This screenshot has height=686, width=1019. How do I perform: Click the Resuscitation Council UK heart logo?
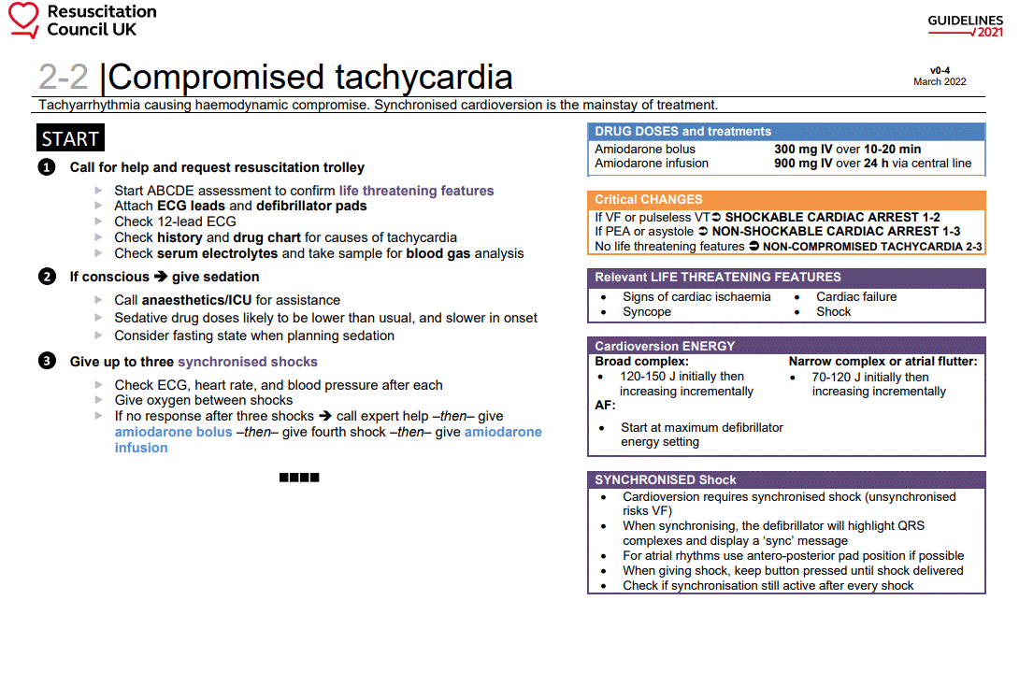[x=24, y=21]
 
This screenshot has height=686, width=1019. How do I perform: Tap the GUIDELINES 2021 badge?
[x=966, y=26]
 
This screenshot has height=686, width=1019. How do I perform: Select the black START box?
[x=70, y=139]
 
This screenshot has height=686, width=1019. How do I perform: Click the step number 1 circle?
[x=47, y=167]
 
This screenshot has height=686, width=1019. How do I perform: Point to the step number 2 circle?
[x=47, y=277]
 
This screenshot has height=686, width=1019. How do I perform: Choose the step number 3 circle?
[x=47, y=362]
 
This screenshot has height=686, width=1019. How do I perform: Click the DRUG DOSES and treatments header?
[x=682, y=132]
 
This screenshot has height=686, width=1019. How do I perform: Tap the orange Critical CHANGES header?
[x=648, y=199]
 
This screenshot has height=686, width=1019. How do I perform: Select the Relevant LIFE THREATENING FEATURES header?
[x=717, y=278]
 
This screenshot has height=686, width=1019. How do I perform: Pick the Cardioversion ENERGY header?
[x=665, y=346]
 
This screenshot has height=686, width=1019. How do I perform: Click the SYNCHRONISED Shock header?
[x=666, y=479]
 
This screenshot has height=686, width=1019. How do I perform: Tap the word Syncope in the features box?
[x=647, y=312]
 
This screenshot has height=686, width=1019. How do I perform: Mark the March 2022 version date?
[x=940, y=82]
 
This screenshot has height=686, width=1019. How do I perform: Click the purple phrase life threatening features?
[x=416, y=191]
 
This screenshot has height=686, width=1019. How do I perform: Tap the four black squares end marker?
[x=299, y=478]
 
